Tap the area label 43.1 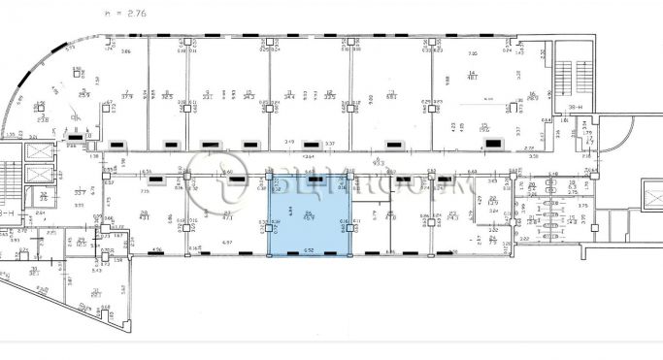tap(146, 216)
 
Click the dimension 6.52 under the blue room tap(310, 251)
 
